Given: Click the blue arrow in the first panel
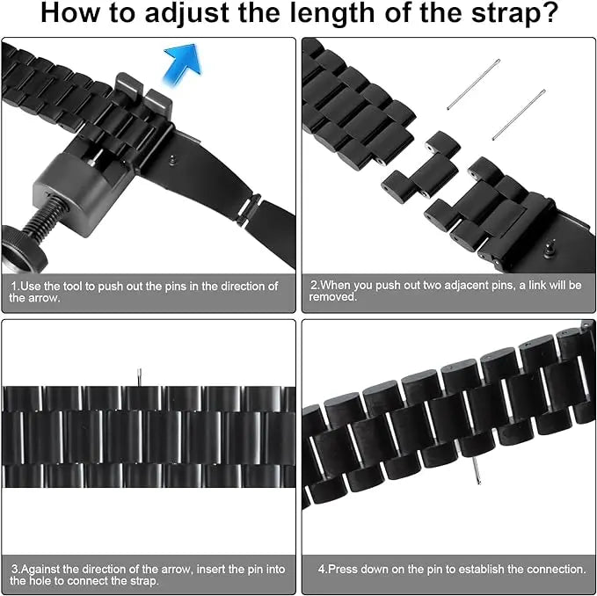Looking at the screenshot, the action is [x=184, y=62].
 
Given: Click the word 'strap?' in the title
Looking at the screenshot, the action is [x=514, y=12].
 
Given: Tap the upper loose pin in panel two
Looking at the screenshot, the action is [x=473, y=84].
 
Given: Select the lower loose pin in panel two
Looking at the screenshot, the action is [x=519, y=114].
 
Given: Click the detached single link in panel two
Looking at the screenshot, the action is [x=421, y=165].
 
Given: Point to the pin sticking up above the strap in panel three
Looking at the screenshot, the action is [x=139, y=377].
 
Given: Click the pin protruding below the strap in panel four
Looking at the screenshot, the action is [x=477, y=471].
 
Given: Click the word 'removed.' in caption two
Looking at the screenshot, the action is [x=332, y=296].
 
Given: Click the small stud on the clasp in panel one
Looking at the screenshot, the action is [x=172, y=160].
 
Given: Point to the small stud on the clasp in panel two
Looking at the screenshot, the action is [x=549, y=250].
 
